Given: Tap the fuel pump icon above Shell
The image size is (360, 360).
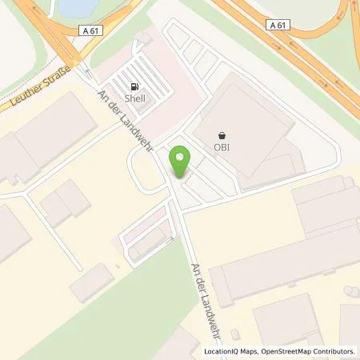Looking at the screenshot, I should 134,86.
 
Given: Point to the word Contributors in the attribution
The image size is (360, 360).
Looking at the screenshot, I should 336,350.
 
